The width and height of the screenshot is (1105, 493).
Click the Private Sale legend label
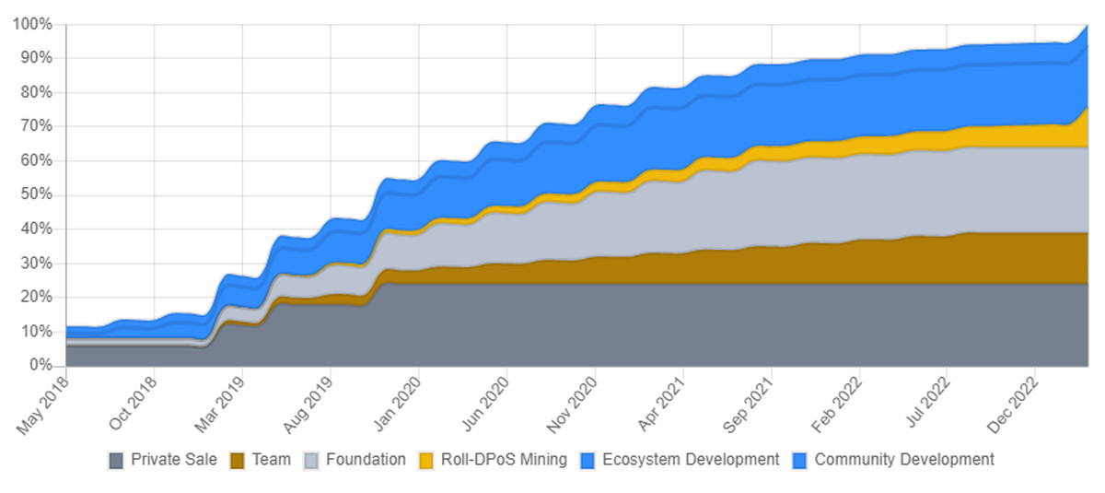[x=173, y=459]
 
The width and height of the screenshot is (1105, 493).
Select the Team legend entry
[x=271, y=459]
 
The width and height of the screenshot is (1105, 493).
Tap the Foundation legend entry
[x=365, y=459]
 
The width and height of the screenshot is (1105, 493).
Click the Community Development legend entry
[x=903, y=459]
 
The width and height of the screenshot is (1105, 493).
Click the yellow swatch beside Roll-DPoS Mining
[x=426, y=460]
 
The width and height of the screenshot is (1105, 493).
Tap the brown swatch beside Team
[x=238, y=460]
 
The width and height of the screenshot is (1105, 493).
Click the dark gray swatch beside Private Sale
[x=116, y=460]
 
